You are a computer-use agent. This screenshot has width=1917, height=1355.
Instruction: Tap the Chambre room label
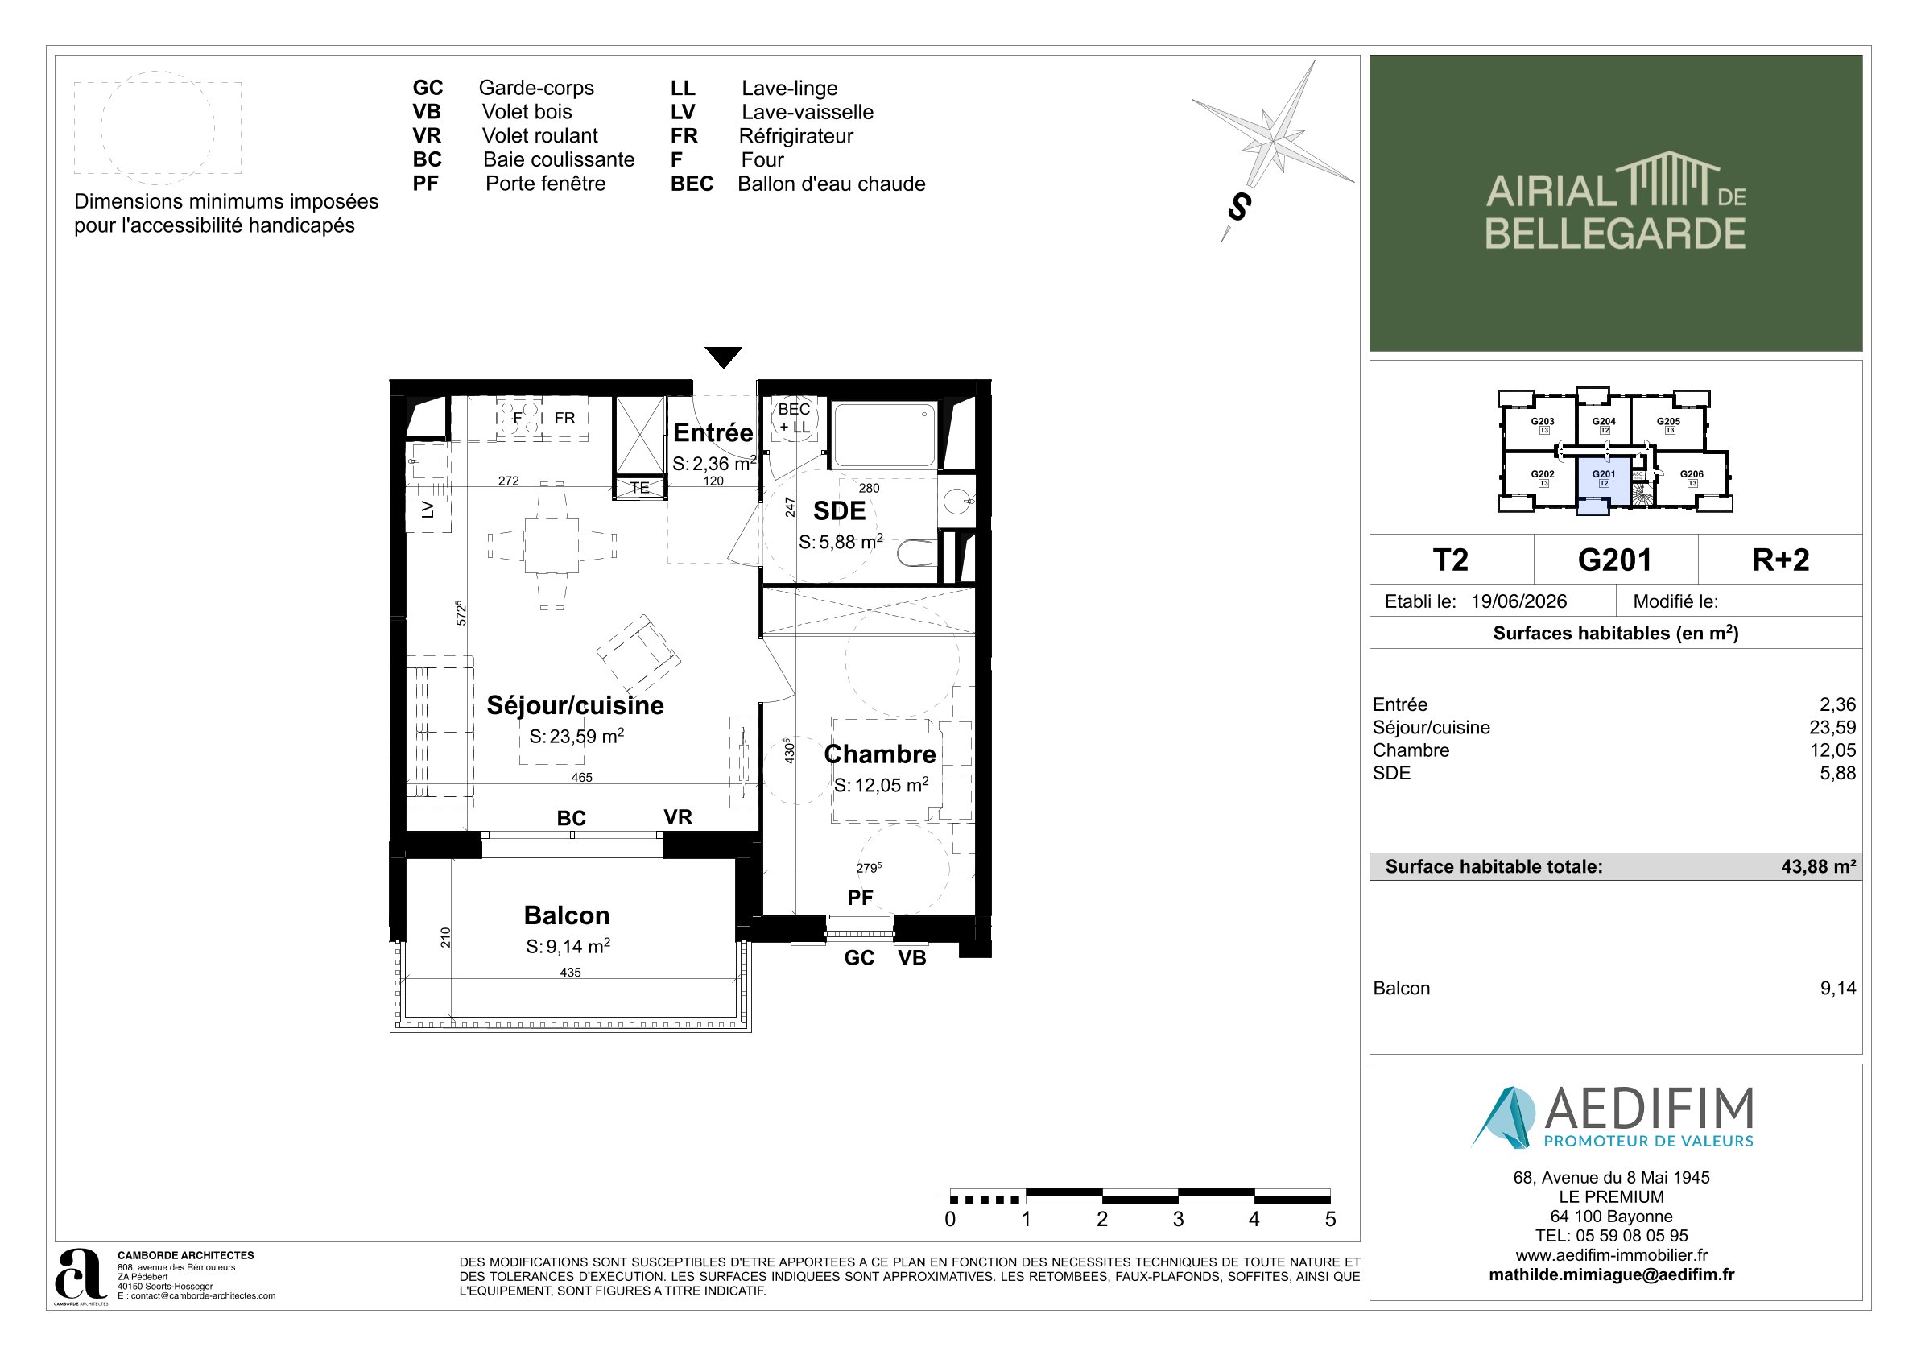point(879,754)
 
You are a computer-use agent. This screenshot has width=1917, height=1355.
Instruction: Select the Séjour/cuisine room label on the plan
point(576,705)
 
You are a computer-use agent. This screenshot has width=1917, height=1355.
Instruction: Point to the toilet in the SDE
point(916,552)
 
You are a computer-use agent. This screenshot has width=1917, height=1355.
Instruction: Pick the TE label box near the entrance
point(639,488)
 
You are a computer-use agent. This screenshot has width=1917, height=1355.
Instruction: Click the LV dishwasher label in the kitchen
point(428,510)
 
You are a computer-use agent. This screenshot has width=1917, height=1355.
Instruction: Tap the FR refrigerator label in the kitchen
point(564,419)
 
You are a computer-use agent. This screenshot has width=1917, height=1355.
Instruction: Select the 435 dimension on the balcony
point(570,973)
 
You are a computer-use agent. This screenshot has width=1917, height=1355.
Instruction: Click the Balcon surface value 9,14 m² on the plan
point(568,946)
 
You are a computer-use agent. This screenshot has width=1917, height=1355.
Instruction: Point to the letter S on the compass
point(1239,207)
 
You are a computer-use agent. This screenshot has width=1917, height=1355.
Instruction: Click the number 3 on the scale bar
point(1178,1219)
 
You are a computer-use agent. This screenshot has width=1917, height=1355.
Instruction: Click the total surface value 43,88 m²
point(1819,866)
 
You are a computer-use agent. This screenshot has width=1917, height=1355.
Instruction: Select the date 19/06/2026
point(1518,601)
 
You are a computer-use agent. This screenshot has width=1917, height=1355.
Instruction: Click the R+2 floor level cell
point(1781,560)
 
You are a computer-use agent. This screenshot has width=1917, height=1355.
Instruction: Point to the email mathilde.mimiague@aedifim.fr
point(1611,1274)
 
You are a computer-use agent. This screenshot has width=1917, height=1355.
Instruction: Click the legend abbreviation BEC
point(692,184)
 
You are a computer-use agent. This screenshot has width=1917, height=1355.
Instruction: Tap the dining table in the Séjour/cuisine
point(551,545)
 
